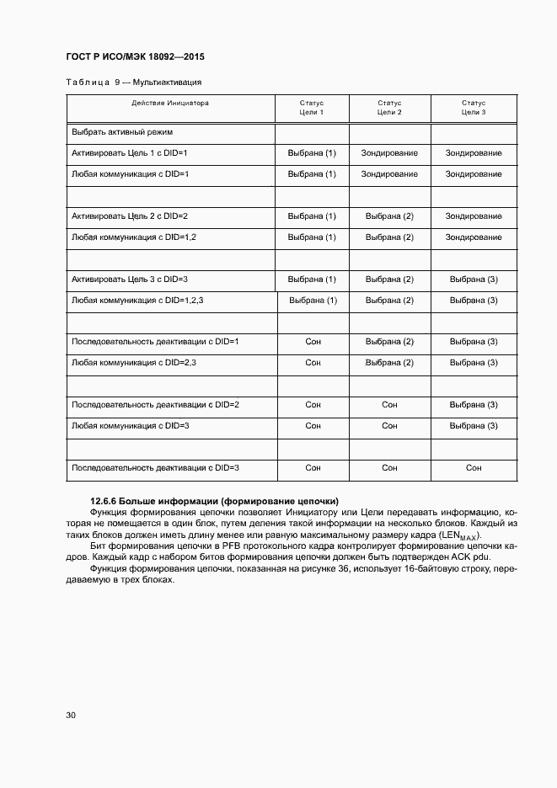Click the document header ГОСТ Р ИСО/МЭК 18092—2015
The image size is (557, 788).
[x=135, y=56]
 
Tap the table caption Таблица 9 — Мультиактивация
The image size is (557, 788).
[x=133, y=83]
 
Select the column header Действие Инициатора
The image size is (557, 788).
[x=169, y=103]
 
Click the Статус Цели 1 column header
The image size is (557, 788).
[x=312, y=107]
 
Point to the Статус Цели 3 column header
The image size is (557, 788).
[x=474, y=107]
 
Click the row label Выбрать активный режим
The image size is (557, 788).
[x=122, y=132]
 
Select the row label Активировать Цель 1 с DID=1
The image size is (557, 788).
[x=129, y=153]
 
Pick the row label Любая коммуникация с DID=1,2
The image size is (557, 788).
[x=134, y=237]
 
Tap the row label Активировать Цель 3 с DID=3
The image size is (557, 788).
[x=129, y=280]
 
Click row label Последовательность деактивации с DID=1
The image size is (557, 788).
[x=156, y=342]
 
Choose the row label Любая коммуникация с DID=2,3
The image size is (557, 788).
[x=134, y=363]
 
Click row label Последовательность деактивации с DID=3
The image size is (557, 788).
[x=156, y=467]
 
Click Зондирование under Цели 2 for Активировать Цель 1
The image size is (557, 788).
[x=389, y=153]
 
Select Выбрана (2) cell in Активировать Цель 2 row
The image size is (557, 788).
[x=389, y=216]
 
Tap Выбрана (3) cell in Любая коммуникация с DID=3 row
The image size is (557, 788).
[x=474, y=426]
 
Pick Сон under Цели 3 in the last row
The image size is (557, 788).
[x=474, y=467]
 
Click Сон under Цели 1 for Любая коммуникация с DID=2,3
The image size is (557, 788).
[x=313, y=363]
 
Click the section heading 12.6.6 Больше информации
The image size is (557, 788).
[x=214, y=501]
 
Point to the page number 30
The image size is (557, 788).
[x=71, y=716]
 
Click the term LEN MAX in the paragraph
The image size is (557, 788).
[x=467, y=535]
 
